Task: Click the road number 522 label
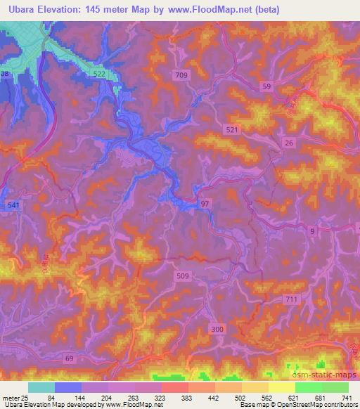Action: click(99, 74)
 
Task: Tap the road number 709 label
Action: click(181, 74)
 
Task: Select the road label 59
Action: click(266, 86)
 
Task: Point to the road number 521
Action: click(233, 130)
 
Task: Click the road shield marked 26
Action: click(288, 143)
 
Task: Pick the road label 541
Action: click(13, 204)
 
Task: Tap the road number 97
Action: click(205, 203)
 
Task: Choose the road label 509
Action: click(182, 277)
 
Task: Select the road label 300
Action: click(217, 328)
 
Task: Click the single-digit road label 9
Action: click(311, 231)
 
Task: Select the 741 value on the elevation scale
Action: click(347, 398)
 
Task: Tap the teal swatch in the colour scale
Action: click(41, 387)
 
